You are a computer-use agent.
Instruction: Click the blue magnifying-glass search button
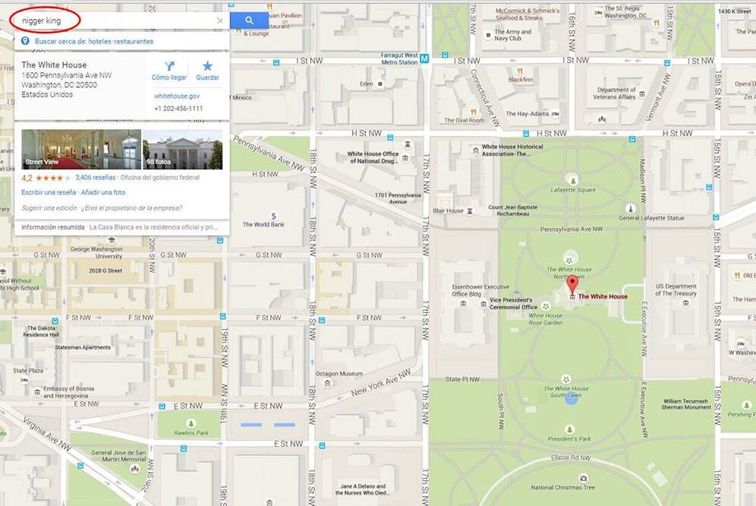[249, 21]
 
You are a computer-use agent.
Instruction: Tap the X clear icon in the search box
[220, 21]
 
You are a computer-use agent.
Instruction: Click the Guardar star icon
[207, 67]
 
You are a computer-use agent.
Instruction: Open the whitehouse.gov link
[177, 96]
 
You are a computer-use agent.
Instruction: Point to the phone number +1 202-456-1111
[178, 109]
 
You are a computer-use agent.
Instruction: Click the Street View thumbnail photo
[81, 149]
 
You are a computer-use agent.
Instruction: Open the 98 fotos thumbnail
[183, 149]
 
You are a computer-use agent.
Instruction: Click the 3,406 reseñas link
[96, 178]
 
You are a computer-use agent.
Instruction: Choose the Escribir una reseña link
[49, 192]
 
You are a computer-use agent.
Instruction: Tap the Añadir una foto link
[103, 192]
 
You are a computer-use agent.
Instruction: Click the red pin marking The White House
[572, 286]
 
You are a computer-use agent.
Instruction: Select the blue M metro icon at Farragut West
[424, 56]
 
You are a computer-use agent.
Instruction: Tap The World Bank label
[263, 225]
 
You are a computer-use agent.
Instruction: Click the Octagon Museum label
[339, 374]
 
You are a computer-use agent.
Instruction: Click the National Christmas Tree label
[562, 488]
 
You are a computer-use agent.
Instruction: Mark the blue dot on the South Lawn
[571, 400]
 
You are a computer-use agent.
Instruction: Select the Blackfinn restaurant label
[521, 79]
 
